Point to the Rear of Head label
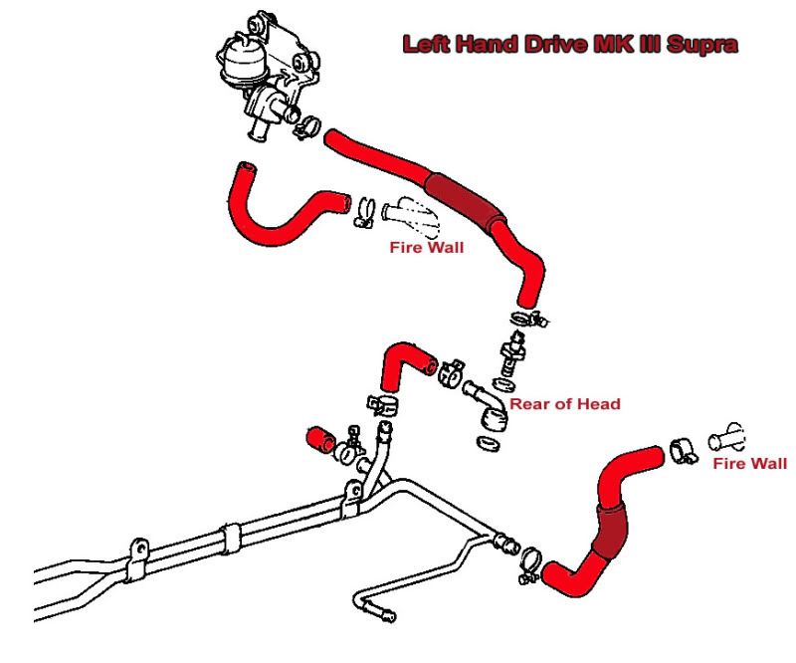pyautogui.click(x=565, y=404)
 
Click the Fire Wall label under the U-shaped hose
pyautogui.click(x=426, y=248)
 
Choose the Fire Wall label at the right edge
pyautogui.click(x=749, y=463)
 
